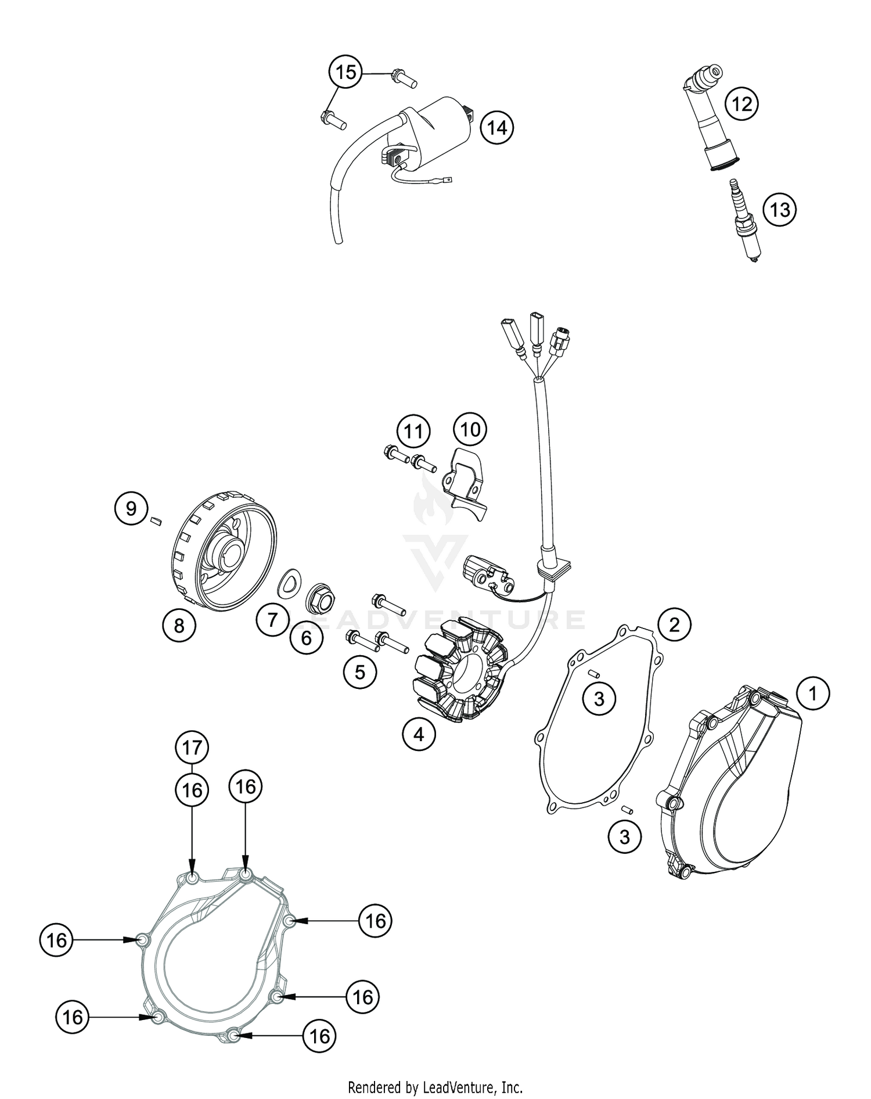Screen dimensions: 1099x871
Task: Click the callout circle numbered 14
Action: pos(497,127)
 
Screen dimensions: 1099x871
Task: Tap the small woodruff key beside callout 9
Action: pos(154,521)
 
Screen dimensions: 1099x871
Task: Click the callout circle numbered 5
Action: pos(360,672)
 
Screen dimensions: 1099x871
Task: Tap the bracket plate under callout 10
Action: pos(465,484)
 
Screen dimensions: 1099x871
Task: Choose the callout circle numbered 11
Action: pos(413,432)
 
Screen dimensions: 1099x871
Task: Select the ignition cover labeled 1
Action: pos(732,796)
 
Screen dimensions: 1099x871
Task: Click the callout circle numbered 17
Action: pos(192,747)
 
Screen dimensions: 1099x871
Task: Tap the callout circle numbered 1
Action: pos(813,694)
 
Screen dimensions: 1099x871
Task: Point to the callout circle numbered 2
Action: pos(674,624)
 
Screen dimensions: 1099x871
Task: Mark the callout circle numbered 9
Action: pos(131,508)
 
